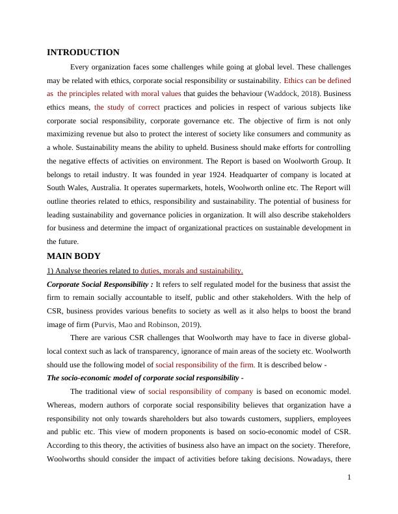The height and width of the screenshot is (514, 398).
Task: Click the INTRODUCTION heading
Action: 83,53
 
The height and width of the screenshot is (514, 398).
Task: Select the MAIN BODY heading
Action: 73,256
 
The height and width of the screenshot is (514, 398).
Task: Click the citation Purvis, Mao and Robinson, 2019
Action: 147,324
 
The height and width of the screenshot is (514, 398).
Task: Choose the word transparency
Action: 172,351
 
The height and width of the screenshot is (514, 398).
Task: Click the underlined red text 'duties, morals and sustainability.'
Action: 192,271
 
